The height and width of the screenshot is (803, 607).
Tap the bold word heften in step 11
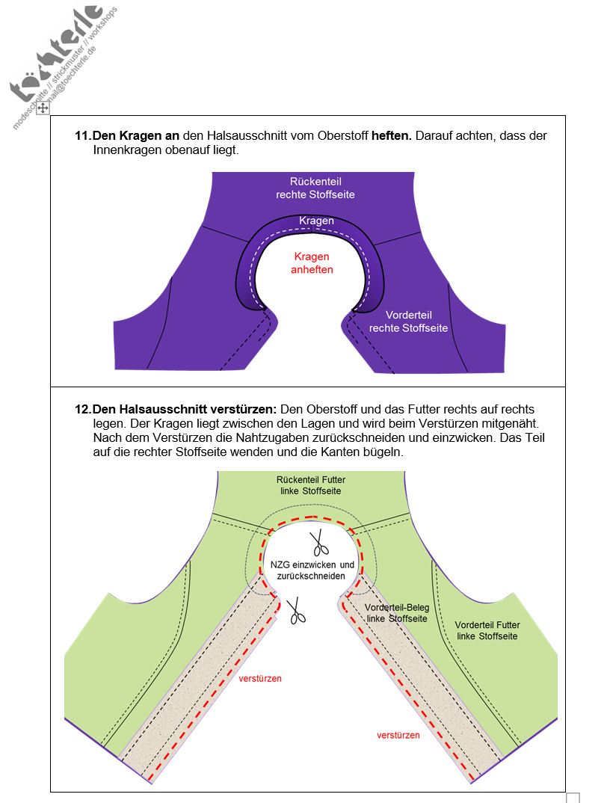coord(391,136)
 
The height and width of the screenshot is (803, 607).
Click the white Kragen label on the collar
coord(315,221)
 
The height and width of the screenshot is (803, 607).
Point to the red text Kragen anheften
coord(311,262)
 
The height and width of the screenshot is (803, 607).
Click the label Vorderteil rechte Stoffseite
coord(408,321)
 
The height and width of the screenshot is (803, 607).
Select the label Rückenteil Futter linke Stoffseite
coord(310,485)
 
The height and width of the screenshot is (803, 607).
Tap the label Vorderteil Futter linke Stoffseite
coord(487,630)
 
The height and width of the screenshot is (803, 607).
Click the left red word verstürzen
coord(260,679)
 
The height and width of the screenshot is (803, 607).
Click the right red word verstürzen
coord(398,735)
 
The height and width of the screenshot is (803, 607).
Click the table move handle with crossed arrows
coord(43,108)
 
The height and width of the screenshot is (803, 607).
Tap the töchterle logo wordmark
coord(56,56)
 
